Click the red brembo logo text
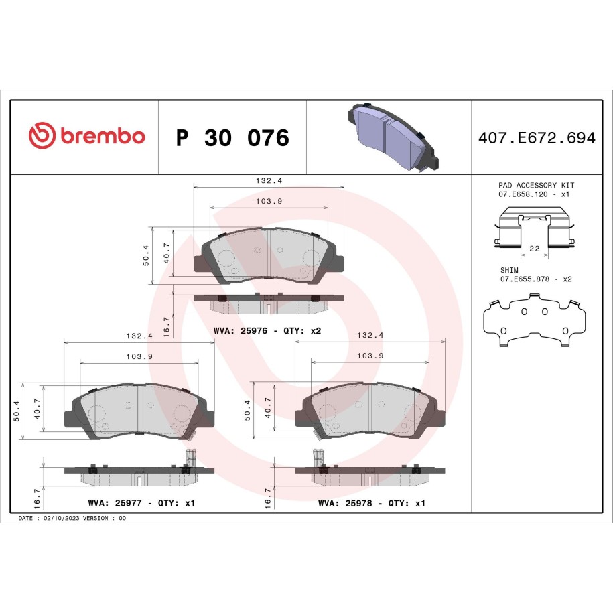tap(103, 136)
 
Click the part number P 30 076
tap(232, 137)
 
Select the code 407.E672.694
tap(537, 137)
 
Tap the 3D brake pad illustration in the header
tap(393, 137)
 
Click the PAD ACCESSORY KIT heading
tap(537, 185)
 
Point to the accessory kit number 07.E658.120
tap(523, 194)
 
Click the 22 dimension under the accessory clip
tap(535, 249)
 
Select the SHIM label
tap(509, 270)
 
